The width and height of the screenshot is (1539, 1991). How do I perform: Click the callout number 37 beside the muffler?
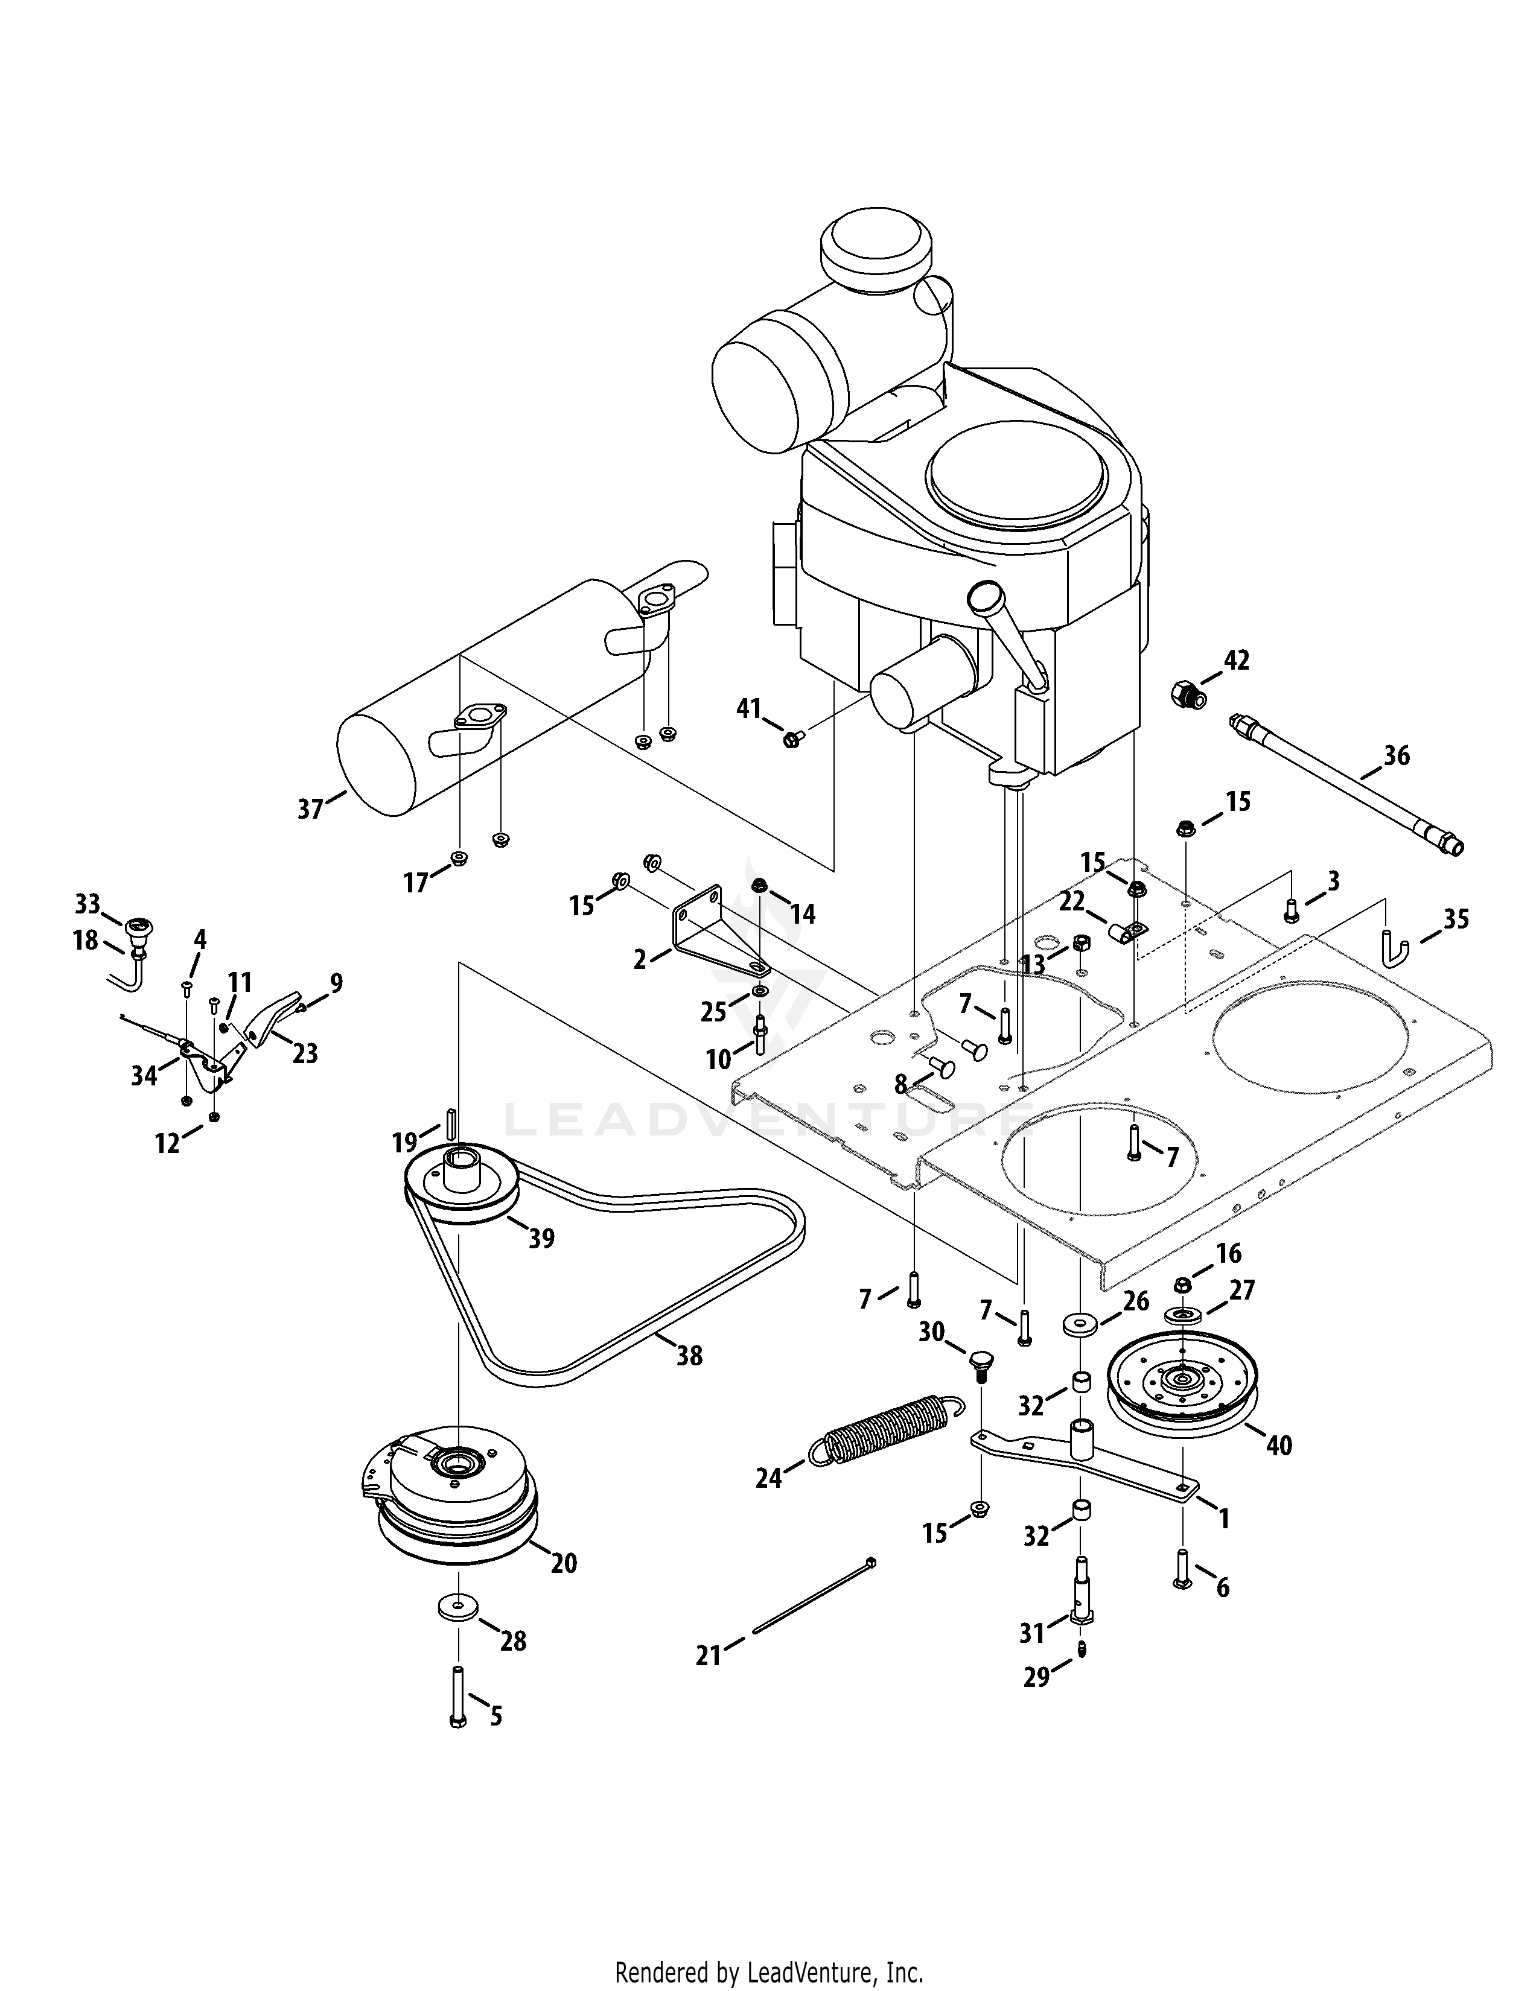point(311,808)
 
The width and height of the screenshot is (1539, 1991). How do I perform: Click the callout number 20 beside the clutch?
point(564,1563)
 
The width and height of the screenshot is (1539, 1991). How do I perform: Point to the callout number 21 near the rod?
point(709,1654)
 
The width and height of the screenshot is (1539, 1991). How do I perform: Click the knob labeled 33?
point(139,929)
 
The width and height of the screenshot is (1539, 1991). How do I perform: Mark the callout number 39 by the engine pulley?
point(541,1238)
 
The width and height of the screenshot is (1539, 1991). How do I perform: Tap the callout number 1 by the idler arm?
point(1223,1518)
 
